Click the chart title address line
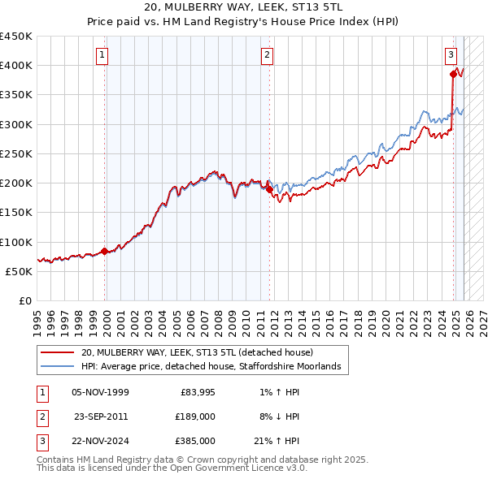(244, 8)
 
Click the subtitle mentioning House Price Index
(244, 22)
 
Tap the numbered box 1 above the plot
(102, 55)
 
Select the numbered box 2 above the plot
(267, 55)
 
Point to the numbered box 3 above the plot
(451, 55)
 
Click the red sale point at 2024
(454, 74)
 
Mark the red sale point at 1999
(105, 251)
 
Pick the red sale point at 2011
(270, 189)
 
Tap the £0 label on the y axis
(24, 300)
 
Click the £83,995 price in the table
(195, 392)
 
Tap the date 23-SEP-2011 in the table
(101, 416)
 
